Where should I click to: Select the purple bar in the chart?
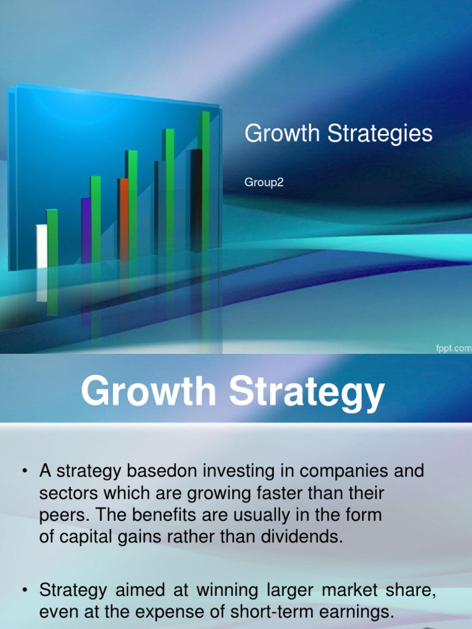coord(86,230)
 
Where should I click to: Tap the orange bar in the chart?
coord(124,218)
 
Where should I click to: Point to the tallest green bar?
coord(205,181)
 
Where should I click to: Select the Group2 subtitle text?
coord(264,182)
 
